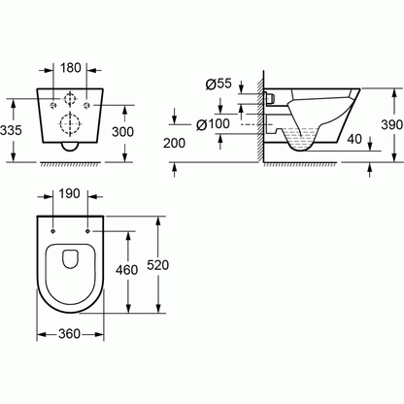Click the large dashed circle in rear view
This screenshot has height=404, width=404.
click(69, 125)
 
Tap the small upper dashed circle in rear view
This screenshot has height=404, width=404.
click(69, 101)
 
